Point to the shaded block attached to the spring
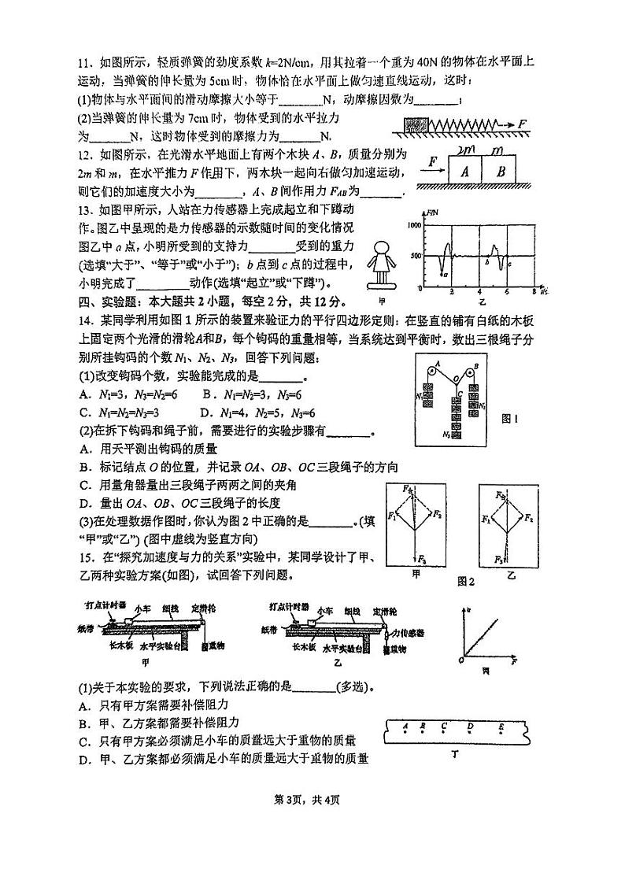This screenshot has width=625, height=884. point(415,124)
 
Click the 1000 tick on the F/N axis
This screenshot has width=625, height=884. point(415,225)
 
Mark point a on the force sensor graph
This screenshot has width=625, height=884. point(446,275)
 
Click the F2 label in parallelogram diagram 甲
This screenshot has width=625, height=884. point(437,512)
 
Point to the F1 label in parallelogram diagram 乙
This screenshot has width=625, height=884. point(486,520)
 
